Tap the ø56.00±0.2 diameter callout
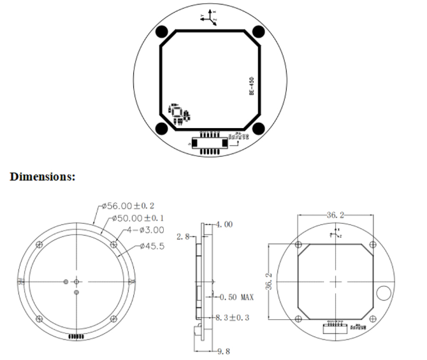pos(129,206)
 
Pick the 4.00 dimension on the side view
pos(224,224)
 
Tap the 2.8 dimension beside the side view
pos(185,236)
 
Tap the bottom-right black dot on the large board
pos(259,129)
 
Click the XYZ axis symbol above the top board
pos(210,17)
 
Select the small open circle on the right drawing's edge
pos(384,292)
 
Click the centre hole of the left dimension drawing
pos(76,281)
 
